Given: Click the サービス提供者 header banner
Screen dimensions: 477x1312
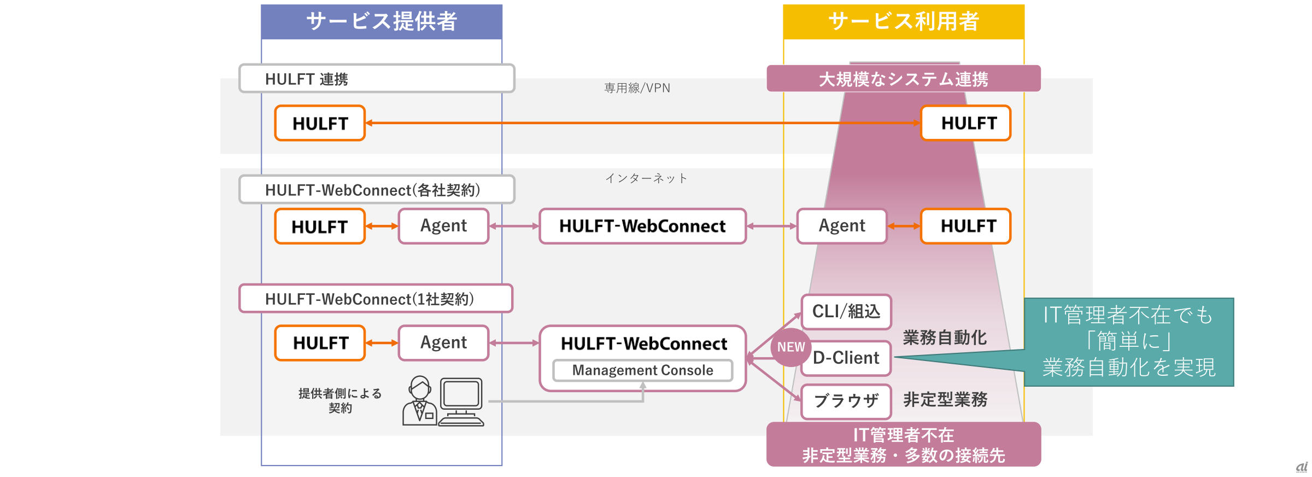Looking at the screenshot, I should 382,22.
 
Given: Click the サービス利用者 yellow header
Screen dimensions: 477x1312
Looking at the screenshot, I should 904,22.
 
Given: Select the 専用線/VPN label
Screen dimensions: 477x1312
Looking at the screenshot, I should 637,88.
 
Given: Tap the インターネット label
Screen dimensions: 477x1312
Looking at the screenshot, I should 646,178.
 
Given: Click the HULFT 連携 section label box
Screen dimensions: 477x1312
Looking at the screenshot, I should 377,79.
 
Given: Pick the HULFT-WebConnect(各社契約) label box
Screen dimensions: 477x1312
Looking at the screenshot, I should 377,190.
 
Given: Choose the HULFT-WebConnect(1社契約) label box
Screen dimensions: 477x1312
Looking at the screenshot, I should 376,299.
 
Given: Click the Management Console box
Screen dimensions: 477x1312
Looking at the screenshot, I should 642,370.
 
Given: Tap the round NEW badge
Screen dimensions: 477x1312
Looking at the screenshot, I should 790,347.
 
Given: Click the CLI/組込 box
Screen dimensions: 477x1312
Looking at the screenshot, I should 846,312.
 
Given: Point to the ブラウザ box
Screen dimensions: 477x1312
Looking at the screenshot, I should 846,401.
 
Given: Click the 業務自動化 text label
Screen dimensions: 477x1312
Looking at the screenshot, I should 945,338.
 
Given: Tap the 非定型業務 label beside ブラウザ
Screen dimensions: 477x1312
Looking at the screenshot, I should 945,400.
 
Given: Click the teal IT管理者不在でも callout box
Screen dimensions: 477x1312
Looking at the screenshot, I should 1128,342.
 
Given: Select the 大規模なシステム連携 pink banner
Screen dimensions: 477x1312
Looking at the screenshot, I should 904,79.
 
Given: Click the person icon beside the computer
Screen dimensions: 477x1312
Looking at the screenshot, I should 419,401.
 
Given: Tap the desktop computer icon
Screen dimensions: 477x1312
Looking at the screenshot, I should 461,401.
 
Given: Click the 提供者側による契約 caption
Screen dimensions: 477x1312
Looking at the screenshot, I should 340,400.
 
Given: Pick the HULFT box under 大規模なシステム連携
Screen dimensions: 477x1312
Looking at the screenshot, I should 966,123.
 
